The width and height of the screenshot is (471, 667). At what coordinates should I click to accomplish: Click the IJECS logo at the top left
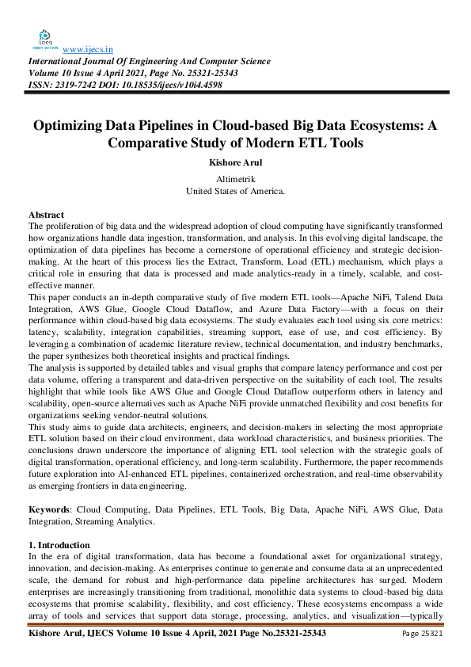click(x=45, y=37)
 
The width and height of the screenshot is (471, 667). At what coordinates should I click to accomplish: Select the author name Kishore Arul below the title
click(x=235, y=163)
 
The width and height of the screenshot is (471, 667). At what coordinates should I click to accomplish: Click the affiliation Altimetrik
click(x=235, y=180)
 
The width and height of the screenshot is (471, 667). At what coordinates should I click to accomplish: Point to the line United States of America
click(x=235, y=191)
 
